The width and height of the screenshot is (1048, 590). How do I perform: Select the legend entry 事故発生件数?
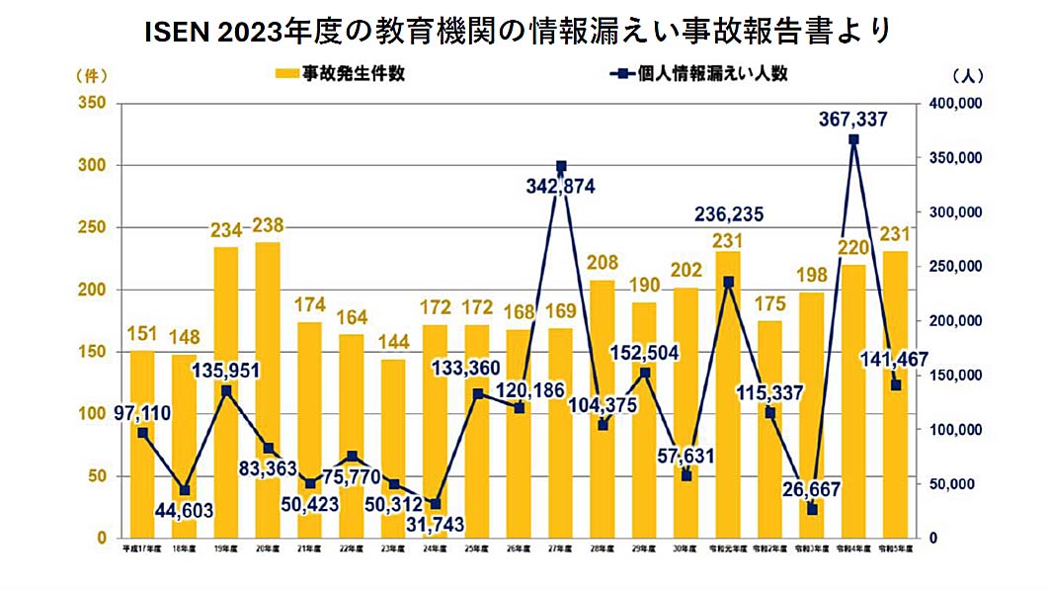[340, 74]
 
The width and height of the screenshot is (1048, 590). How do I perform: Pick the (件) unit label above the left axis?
[90, 75]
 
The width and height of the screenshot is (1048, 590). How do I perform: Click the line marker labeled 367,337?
[853, 139]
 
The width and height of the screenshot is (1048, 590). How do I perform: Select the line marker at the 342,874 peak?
[561, 166]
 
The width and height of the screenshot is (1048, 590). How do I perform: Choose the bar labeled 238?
[268, 390]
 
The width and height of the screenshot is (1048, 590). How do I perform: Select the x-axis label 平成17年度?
[142, 547]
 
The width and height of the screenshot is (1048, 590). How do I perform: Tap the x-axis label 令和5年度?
[895, 547]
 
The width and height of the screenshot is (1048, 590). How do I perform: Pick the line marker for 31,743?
[436, 504]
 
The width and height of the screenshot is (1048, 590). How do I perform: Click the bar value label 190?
[644, 286]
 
